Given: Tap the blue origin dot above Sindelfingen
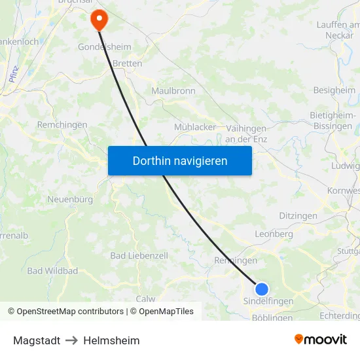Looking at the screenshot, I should click(x=262, y=289).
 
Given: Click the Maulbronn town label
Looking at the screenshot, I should click(x=173, y=91).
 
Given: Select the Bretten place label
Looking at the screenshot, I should click(x=127, y=64).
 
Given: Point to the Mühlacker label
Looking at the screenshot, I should click(x=194, y=127).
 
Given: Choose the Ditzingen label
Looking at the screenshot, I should click(x=298, y=215).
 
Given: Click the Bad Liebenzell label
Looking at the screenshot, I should click(x=139, y=255).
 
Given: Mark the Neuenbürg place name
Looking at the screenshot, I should click(x=70, y=199).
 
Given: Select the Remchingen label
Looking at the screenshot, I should click(x=62, y=124).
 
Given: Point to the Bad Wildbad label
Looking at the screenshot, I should click(x=52, y=271).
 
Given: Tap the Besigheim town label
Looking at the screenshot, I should click(x=334, y=90).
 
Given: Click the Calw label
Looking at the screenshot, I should click(x=145, y=298).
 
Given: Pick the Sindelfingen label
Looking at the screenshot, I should click(x=268, y=301).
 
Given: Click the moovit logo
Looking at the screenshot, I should click(x=321, y=340).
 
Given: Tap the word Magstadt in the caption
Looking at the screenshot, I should click(x=37, y=340).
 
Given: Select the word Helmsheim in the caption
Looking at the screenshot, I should click(x=111, y=340).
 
